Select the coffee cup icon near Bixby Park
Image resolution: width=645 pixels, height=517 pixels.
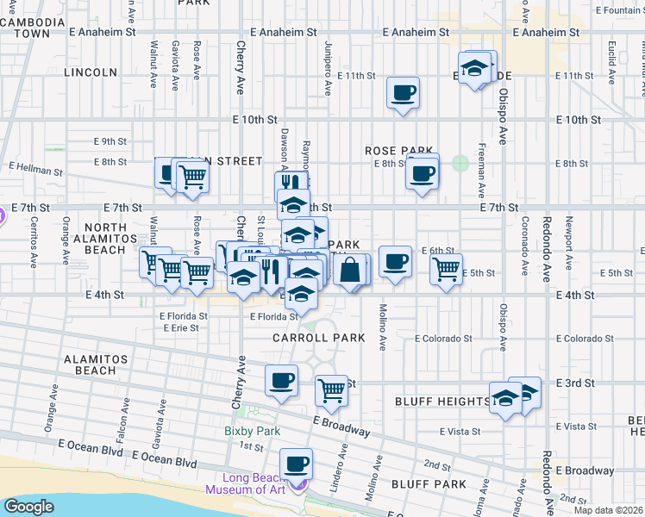[281, 381]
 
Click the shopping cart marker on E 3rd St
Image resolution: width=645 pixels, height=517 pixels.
[332, 391]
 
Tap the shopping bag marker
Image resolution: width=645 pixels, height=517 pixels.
[350, 271]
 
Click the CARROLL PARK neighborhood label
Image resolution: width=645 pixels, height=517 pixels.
[318, 338]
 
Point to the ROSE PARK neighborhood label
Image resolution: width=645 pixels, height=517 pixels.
[398, 151]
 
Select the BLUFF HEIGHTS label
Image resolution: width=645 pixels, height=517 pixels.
[442, 402]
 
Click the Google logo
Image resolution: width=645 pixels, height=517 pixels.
[28, 507]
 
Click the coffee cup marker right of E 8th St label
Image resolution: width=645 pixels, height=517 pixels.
[422, 174]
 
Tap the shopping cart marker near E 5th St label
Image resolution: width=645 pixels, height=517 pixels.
[446, 269]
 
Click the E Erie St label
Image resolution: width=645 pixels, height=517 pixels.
[179, 328]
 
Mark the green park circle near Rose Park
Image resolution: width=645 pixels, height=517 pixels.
[460, 162]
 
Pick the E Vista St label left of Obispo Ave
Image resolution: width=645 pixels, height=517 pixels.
[458, 431]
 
